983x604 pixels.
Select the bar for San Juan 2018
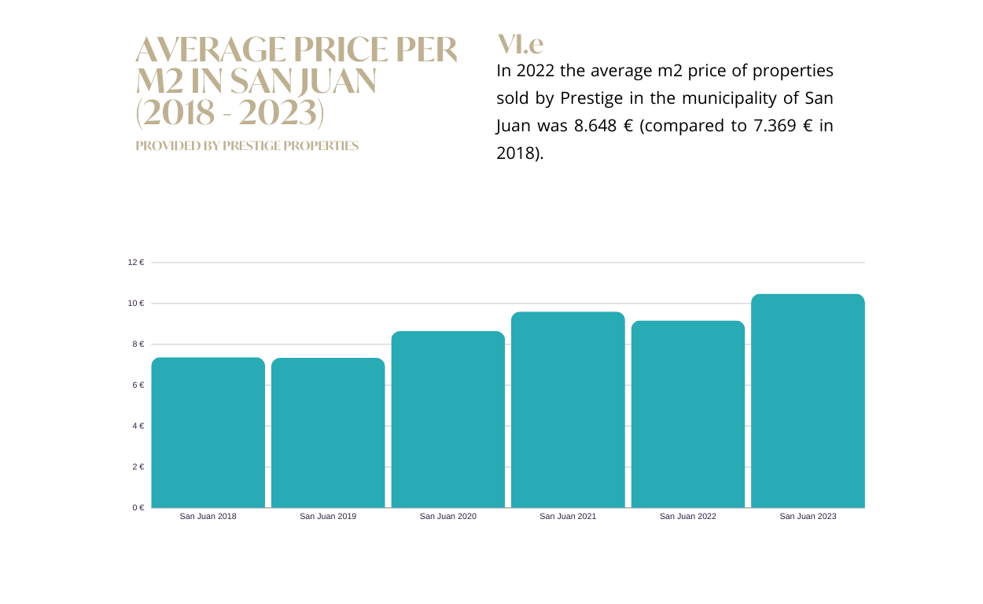[x=208, y=433]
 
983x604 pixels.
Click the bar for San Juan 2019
[x=328, y=433]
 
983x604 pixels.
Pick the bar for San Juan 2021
[x=568, y=410]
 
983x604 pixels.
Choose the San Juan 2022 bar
[x=688, y=414]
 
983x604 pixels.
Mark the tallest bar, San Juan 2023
[x=808, y=401]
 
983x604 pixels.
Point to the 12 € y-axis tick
[x=136, y=263]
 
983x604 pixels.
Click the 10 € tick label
[x=136, y=304]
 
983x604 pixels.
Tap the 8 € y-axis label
[x=138, y=344]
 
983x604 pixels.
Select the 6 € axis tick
[x=138, y=385]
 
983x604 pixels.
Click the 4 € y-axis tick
[x=138, y=426]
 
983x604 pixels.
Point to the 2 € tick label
[x=138, y=467]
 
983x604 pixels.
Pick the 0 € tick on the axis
[x=138, y=508]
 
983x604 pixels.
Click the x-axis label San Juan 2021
[x=568, y=517]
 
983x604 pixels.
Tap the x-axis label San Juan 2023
[x=808, y=517]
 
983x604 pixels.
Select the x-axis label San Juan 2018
[x=208, y=517]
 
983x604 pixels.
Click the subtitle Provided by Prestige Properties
[x=247, y=146]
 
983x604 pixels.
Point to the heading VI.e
[x=520, y=44]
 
